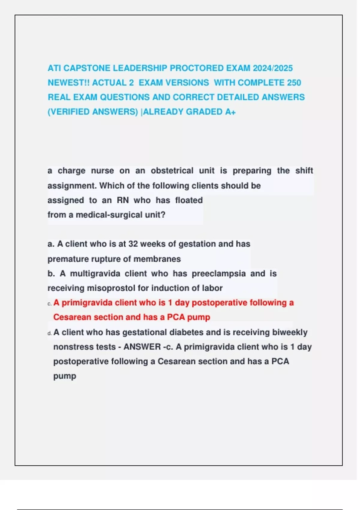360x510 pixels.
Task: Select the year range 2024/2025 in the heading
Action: [x=272, y=68]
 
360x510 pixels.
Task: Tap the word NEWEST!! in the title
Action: [x=68, y=83]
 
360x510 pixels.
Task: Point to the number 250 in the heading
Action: [x=294, y=83]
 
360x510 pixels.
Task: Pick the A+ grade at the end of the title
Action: [x=230, y=112]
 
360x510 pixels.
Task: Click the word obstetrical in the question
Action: [x=172, y=171]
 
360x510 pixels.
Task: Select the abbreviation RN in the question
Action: [x=123, y=200]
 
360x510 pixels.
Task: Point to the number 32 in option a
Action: [x=133, y=244]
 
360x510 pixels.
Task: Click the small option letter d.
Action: [x=49, y=333]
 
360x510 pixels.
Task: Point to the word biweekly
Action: [x=289, y=332]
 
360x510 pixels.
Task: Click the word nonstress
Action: [x=69, y=347]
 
